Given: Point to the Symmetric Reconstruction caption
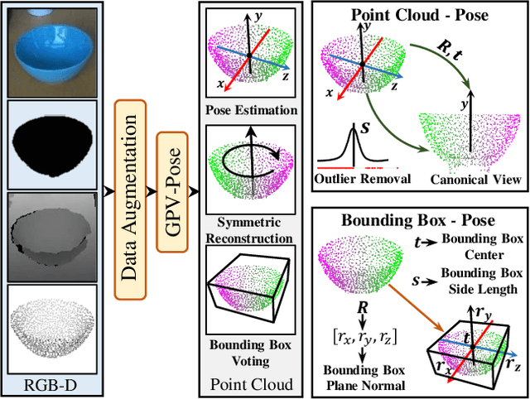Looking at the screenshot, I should tap(248, 229).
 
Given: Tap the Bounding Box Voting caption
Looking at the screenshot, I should tap(248, 355).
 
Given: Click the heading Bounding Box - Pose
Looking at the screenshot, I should tap(420, 222).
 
